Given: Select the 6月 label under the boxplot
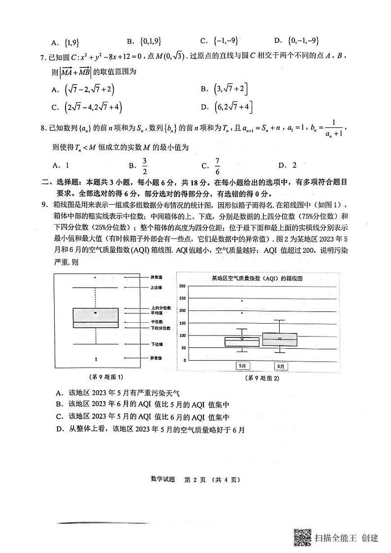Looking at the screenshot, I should pyautogui.click(x=281, y=366).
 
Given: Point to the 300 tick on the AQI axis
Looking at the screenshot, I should pyautogui.click(x=182, y=286).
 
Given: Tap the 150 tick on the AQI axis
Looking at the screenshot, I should pyautogui.click(x=182, y=323).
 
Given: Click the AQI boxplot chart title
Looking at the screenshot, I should pyautogui.click(x=257, y=278).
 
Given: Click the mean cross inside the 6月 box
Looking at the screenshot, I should pyautogui.click(x=280, y=338).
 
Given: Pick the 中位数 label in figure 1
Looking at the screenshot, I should pyautogui.click(x=157, y=322).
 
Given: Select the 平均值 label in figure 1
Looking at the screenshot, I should pyautogui.click(x=157, y=312).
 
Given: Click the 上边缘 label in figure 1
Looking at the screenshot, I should pyautogui.click(x=157, y=287).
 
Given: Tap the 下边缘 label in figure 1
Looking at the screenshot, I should pyautogui.click(x=157, y=344).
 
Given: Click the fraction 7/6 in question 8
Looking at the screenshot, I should pyautogui.click(x=218, y=165).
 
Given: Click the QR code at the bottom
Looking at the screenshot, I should pyautogui.click(x=302, y=537).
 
